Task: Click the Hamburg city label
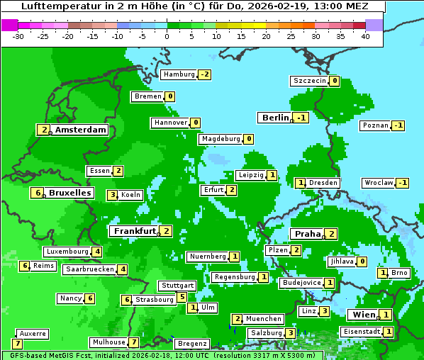(x=179, y=74)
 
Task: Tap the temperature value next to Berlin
(x=302, y=118)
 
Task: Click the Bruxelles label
(x=69, y=193)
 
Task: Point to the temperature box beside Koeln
(x=112, y=195)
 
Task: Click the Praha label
(x=308, y=234)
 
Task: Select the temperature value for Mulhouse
(x=133, y=342)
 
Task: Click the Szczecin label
(x=310, y=81)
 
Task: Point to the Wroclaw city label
(x=378, y=183)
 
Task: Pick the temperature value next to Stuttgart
(x=182, y=297)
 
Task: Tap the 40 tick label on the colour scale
(x=364, y=35)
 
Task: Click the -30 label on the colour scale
(x=19, y=35)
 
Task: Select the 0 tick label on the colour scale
(x=167, y=35)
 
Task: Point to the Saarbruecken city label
(x=89, y=269)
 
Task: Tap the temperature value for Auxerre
(x=17, y=344)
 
